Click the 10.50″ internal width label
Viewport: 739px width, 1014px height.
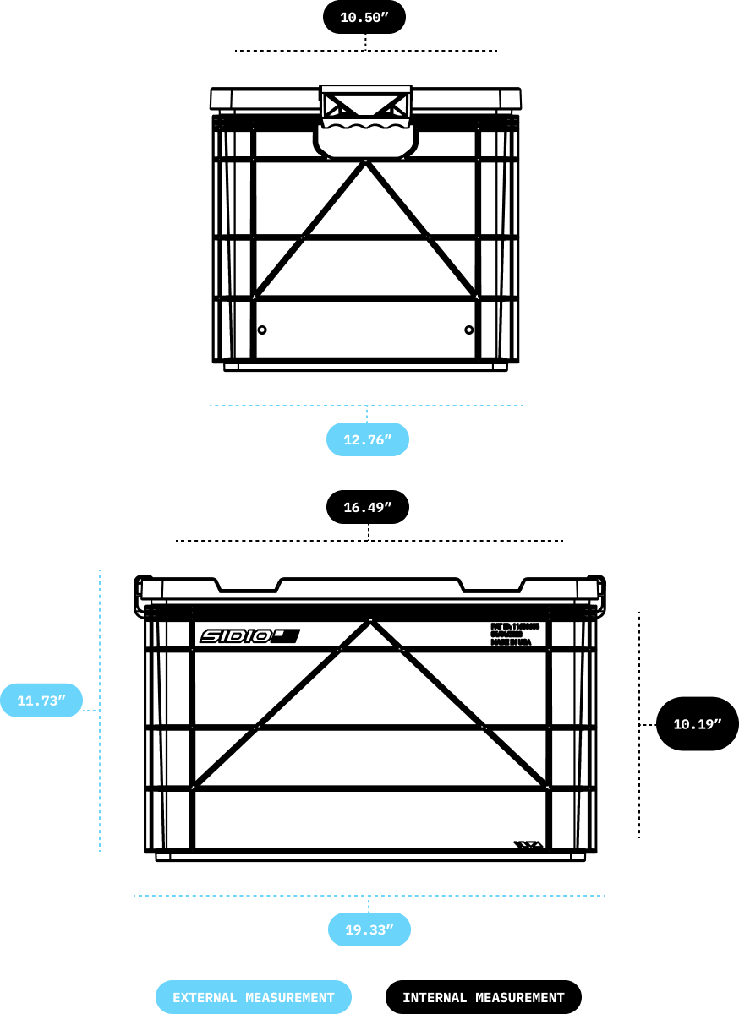[364, 17]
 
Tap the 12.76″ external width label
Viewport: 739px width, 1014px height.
[368, 439]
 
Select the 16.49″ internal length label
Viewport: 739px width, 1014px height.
[368, 507]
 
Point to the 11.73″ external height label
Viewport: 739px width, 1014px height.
[41, 701]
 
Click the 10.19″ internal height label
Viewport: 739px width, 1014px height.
[697, 723]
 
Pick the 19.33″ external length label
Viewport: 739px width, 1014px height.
[369, 929]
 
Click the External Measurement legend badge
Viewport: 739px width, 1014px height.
[254, 997]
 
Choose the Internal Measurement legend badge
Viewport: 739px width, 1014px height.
[483, 997]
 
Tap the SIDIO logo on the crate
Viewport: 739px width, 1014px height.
[249, 636]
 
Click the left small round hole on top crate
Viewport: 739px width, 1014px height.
[262, 330]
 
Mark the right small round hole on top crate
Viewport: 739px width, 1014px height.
[469, 330]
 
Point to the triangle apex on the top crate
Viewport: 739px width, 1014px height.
[365, 162]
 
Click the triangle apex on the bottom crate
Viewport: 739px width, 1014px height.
[370, 623]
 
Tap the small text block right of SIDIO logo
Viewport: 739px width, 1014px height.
[513, 635]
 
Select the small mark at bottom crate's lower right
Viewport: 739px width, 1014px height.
[527, 844]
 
